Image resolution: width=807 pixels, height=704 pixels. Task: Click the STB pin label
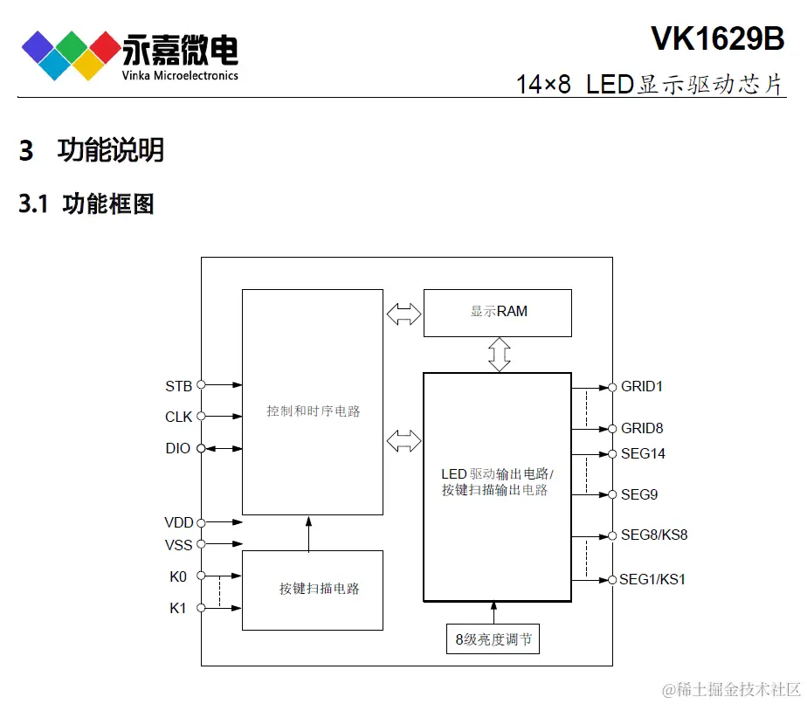pos(178,385)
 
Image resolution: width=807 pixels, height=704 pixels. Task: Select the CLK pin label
pos(178,417)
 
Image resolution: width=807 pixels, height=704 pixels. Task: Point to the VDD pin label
pos(178,523)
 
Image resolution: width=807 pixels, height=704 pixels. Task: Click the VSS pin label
pos(178,545)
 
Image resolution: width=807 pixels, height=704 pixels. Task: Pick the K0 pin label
pos(178,576)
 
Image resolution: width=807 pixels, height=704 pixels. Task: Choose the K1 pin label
pos(178,608)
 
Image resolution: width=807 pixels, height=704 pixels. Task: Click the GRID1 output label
pos(642,386)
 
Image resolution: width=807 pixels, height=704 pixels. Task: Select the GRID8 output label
pos(642,428)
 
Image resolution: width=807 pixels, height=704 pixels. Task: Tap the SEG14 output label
pos(643,453)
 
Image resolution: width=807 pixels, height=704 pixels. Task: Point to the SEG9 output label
pos(639,494)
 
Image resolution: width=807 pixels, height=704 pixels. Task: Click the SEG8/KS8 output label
pos(654,535)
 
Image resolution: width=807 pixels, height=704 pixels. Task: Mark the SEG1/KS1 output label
pos(652,579)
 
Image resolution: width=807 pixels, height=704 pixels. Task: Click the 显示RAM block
pos(498,312)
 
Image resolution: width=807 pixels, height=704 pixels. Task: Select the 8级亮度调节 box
pos(493,640)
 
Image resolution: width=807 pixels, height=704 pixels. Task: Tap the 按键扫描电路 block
pos(313,590)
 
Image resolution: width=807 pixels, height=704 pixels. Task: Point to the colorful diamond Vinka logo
pos(71,54)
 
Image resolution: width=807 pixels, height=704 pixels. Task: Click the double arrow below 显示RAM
pos(499,354)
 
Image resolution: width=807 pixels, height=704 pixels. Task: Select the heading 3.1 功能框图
pos(86,204)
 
